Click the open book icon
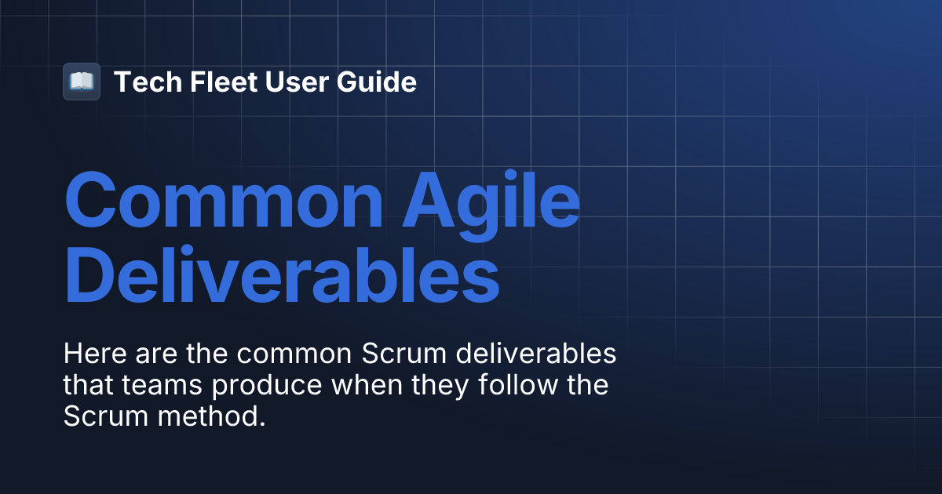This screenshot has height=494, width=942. click(82, 82)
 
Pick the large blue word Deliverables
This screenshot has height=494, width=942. click(282, 278)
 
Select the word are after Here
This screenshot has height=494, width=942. click(152, 354)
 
